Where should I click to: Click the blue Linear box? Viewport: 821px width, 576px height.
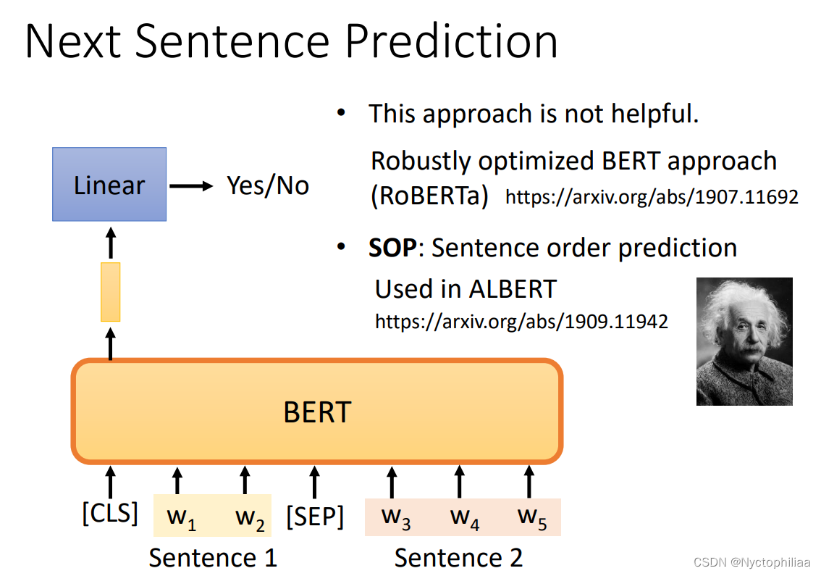tap(109, 184)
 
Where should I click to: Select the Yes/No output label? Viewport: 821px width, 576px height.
tap(268, 185)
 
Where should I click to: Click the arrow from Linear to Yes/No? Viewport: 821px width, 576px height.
tap(191, 185)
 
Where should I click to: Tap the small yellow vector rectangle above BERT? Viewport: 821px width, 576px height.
tap(111, 292)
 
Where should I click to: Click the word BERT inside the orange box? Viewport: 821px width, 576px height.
tap(317, 412)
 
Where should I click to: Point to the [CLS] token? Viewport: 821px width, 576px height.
tap(110, 512)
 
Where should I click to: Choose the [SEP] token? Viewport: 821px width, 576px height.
tap(315, 517)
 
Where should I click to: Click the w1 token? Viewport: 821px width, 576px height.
tap(181, 518)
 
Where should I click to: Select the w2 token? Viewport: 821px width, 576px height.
tap(250, 518)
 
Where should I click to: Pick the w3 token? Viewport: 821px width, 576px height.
tap(396, 517)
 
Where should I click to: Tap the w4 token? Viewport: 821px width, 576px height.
tap(464, 517)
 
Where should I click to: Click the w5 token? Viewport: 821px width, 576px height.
tap(532, 517)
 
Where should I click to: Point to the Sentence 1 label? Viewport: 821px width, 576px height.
tap(213, 558)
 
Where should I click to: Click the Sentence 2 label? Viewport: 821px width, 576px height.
tap(458, 558)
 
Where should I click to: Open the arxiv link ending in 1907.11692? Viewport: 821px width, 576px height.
tap(652, 197)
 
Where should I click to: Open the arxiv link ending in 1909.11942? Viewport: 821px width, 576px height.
tap(521, 321)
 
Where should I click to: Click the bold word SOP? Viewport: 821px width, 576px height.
tap(392, 247)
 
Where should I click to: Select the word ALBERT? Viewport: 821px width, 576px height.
tap(513, 289)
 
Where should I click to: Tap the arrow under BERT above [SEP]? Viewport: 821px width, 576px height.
tap(315, 483)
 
